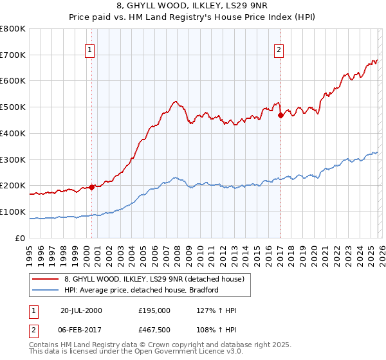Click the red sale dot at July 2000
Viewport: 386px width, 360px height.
click(x=92, y=187)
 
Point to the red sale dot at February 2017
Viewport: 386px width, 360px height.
click(x=280, y=116)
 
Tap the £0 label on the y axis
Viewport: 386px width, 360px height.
click(x=21, y=238)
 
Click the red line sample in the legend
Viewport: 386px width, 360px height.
click(x=46, y=280)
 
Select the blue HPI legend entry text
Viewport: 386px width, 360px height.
click(x=142, y=290)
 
